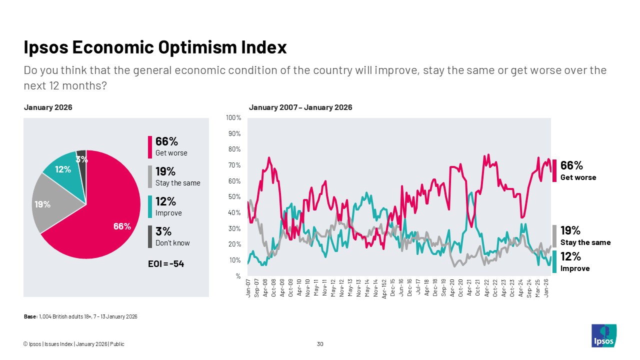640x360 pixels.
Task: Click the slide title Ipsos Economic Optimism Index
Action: pyautogui.click(x=155, y=47)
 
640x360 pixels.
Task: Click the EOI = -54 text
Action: pyautogui.click(x=165, y=263)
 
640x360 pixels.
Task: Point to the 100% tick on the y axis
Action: pyautogui.click(x=233, y=118)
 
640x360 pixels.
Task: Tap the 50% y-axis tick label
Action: pyautogui.click(x=234, y=197)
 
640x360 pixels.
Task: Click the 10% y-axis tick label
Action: pyautogui.click(x=234, y=260)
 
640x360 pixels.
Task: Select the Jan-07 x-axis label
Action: pyautogui.click(x=248, y=288)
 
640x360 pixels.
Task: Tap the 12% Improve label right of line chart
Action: pyautogui.click(x=575, y=261)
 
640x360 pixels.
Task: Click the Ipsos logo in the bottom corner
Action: pyautogui.click(x=603, y=335)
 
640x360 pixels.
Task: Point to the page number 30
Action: pyautogui.click(x=320, y=344)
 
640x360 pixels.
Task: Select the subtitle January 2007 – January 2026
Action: pyautogui.click(x=300, y=107)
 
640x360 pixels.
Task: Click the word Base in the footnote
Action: pyautogui.click(x=30, y=316)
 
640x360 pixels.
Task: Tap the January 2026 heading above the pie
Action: pyautogui.click(x=48, y=107)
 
